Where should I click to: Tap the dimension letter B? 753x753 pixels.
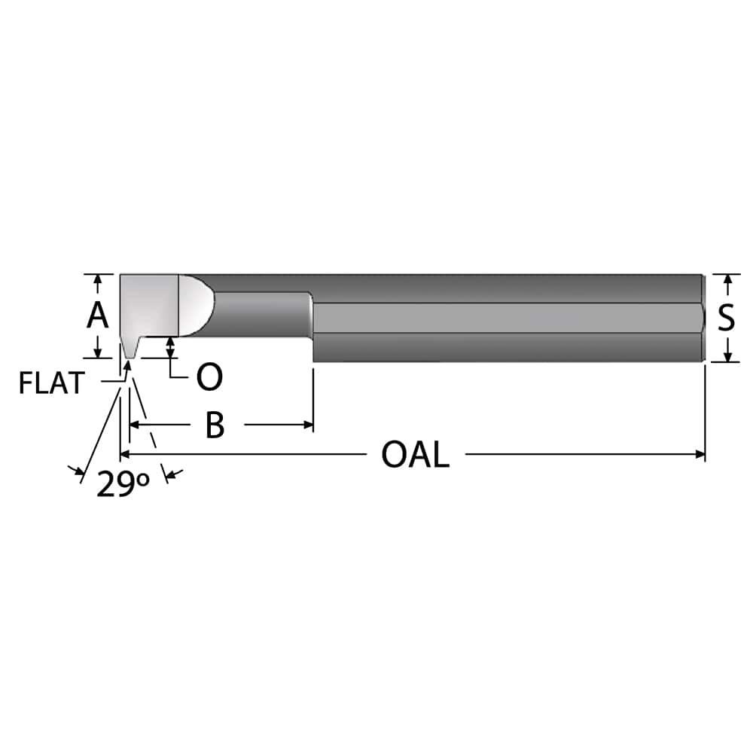coord(215,425)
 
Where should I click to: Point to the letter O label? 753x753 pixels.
coord(209,377)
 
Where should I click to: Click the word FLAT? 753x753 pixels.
coord(51,383)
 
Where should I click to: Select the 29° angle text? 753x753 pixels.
coord(123,485)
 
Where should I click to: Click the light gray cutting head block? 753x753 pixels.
coord(149,305)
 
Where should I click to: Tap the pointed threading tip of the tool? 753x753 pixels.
coord(130,355)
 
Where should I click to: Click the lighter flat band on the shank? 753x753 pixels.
coord(505,317)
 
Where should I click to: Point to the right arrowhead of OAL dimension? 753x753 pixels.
coord(700,454)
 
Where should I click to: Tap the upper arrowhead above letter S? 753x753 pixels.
coord(727,279)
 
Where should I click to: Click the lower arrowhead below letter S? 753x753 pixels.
coord(727,356)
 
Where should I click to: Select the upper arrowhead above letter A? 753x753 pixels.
coord(97,280)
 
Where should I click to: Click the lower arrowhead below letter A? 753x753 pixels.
coord(97,352)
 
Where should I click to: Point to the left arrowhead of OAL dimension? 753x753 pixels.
coord(126,454)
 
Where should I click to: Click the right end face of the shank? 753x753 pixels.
coord(704,318)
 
